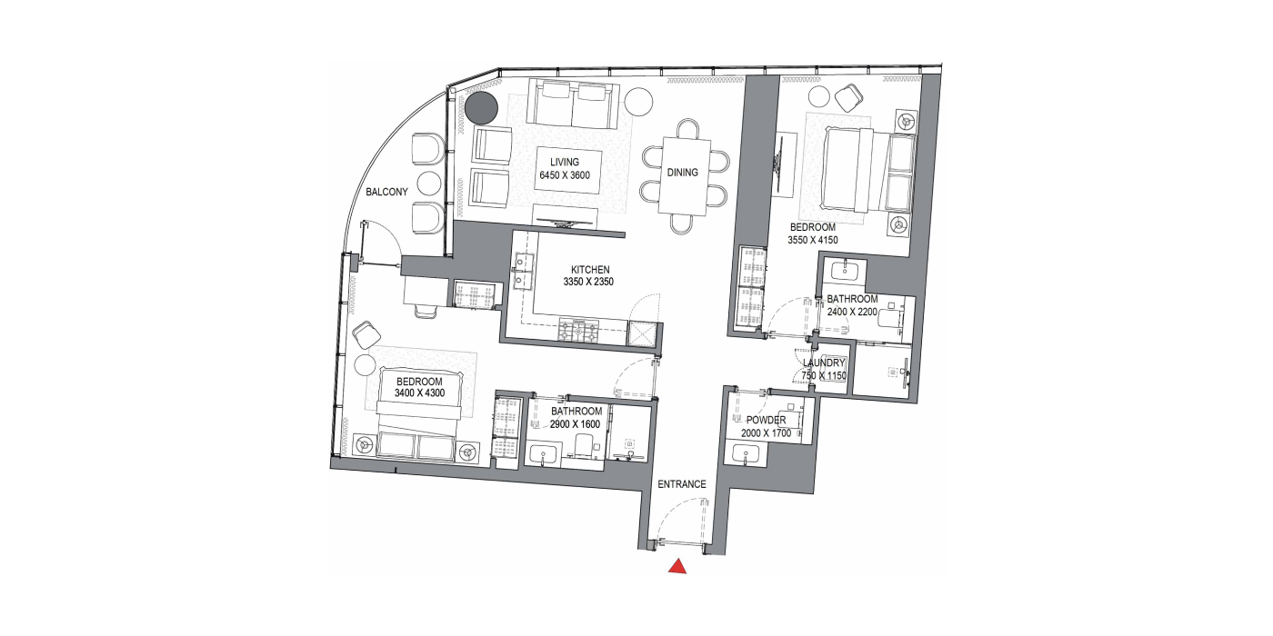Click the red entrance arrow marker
pyautogui.click(x=677, y=567)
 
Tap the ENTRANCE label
pyautogui.click(x=682, y=484)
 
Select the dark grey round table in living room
pyautogui.click(x=481, y=108)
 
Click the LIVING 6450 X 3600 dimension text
pyautogui.click(x=565, y=169)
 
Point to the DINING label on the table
pyautogui.click(x=683, y=173)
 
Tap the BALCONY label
pyautogui.click(x=387, y=192)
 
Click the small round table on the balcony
pyautogui.click(x=429, y=183)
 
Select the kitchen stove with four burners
pyautogui.click(x=578, y=331)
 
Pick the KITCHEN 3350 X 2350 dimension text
pyautogui.click(x=589, y=276)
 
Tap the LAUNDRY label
pyautogui.click(x=824, y=363)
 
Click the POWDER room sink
pyautogui.click(x=746, y=454)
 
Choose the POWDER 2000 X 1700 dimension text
pyautogui.click(x=766, y=427)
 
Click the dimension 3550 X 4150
pyautogui.click(x=813, y=240)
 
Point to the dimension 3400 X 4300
pyautogui.click(x=420, y=393)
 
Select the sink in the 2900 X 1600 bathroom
pyautogui.click(x=545, y=455)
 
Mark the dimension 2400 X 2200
pyautogui.click(x=853, y=312)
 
